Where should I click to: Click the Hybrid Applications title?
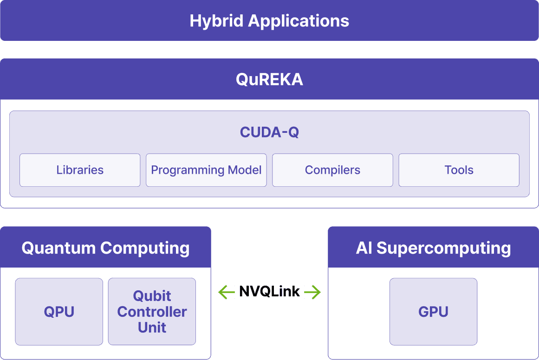click(x=269, y=21)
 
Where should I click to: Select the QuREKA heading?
click(x=269, y=79)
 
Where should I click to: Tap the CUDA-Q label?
click(x=269, y=132)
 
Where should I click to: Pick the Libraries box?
click(x=80, y=170)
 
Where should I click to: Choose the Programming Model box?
click(x=206, y=170)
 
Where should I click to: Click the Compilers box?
click(x=332, y=170)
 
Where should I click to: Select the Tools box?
click(x=459, y=170)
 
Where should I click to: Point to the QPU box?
click(x=59, y=312)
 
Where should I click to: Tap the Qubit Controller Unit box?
click(x=152, y=312)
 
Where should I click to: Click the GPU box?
click(x=433, y=312)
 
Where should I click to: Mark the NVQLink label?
click(x=269, y=292)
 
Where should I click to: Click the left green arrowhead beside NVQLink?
click(x=222, y=292)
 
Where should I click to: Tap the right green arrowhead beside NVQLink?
click(x=317, y=292)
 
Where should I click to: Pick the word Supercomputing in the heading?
click(x=443, y=249)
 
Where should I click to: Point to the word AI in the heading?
click(x=364, y=248)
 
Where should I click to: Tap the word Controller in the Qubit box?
click(x=152, y=312)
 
